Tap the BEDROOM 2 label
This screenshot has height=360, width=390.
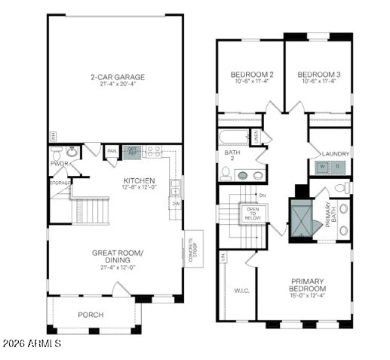(251, 74)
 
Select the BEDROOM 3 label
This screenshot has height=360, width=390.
(318, 74)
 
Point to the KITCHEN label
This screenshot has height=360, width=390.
(140, 180)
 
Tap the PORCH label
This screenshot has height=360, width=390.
(91, 314)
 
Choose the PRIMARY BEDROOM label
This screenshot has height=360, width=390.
(308, 285)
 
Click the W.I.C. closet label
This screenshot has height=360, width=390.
(242, 289)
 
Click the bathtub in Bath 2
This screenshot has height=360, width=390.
(235, 138)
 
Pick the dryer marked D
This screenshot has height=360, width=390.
(338, 167)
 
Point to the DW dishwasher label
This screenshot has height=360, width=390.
(175, 203)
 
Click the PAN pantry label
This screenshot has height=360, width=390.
(111, 151)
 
